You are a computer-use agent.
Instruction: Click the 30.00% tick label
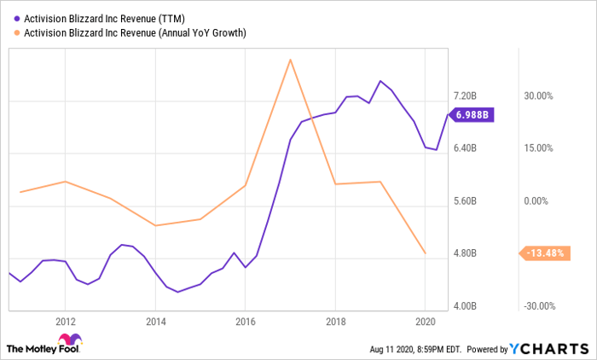click(x=539, y=96)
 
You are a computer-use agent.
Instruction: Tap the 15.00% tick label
click(x=539, y=148)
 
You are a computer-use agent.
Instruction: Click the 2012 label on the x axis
click(x=66, y=322)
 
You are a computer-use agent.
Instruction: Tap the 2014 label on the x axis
click(x=155, y=322)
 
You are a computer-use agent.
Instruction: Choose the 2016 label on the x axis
click(x=245, y=322)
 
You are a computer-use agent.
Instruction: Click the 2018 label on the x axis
click(x=335, y=322)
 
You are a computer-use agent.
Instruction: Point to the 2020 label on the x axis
click(x=425, y=322)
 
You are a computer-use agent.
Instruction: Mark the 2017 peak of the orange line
click(x=291, y=60)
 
